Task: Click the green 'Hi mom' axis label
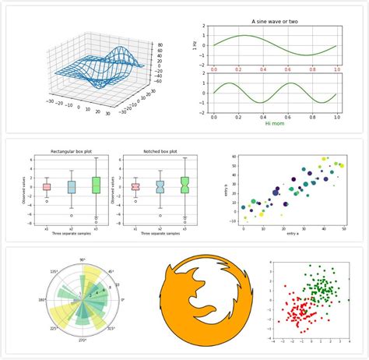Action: [x=275, y=123]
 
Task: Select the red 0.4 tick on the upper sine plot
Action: [x=262, y=70]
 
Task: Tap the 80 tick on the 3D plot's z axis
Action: [x=159, y=45]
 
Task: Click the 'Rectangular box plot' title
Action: [x=69, y=150]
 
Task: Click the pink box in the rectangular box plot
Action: [x=47, y=187]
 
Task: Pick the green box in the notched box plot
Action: [x=184, y=184]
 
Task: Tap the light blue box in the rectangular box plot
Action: [x=71, y=187]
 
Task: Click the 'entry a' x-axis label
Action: [x=293, y=234]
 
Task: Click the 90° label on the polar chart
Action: [x=83, y=259]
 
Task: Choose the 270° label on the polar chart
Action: [x=83, y=341]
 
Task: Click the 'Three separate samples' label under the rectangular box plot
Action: [x=69, y=234]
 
